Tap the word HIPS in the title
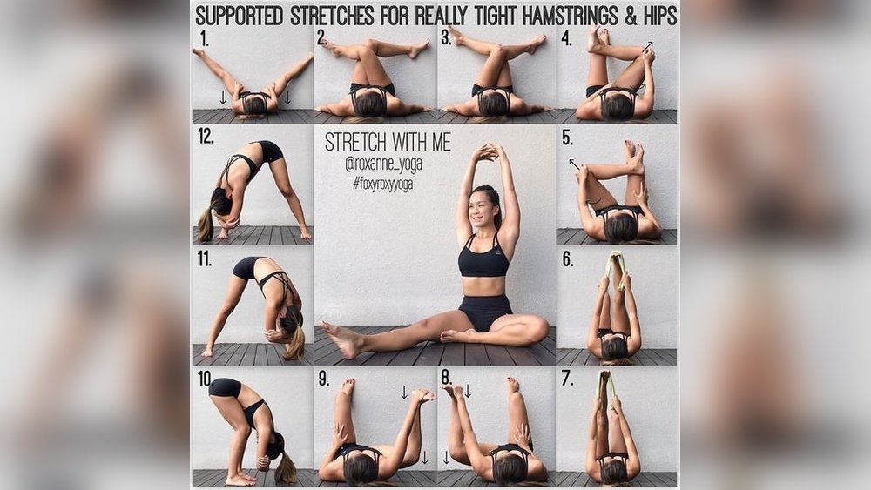[x=659, y=16]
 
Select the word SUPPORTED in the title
[x=239, y=16]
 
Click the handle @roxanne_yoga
[x=383, y=164]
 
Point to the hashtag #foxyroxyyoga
[x=382, y=184]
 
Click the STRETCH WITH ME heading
[x=388, y=142]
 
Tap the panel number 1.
[x=205, y=39]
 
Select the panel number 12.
[x=206, y=136]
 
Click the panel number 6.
[x=567, y=259]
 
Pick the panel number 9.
[x=324, y=379]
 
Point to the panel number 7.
[x=567, y=379]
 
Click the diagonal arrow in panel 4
[x=647, y=47]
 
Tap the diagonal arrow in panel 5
[x=574, y=164]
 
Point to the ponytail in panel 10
[x=287, y=467]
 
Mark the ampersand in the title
[x=630, y=17]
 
